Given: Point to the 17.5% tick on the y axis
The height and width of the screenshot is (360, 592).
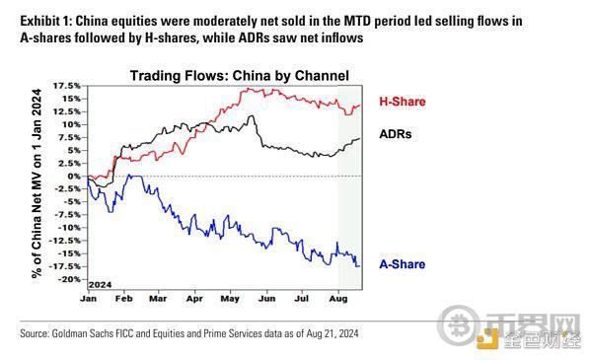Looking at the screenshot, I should pyautogui.click(x=67, y=86).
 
